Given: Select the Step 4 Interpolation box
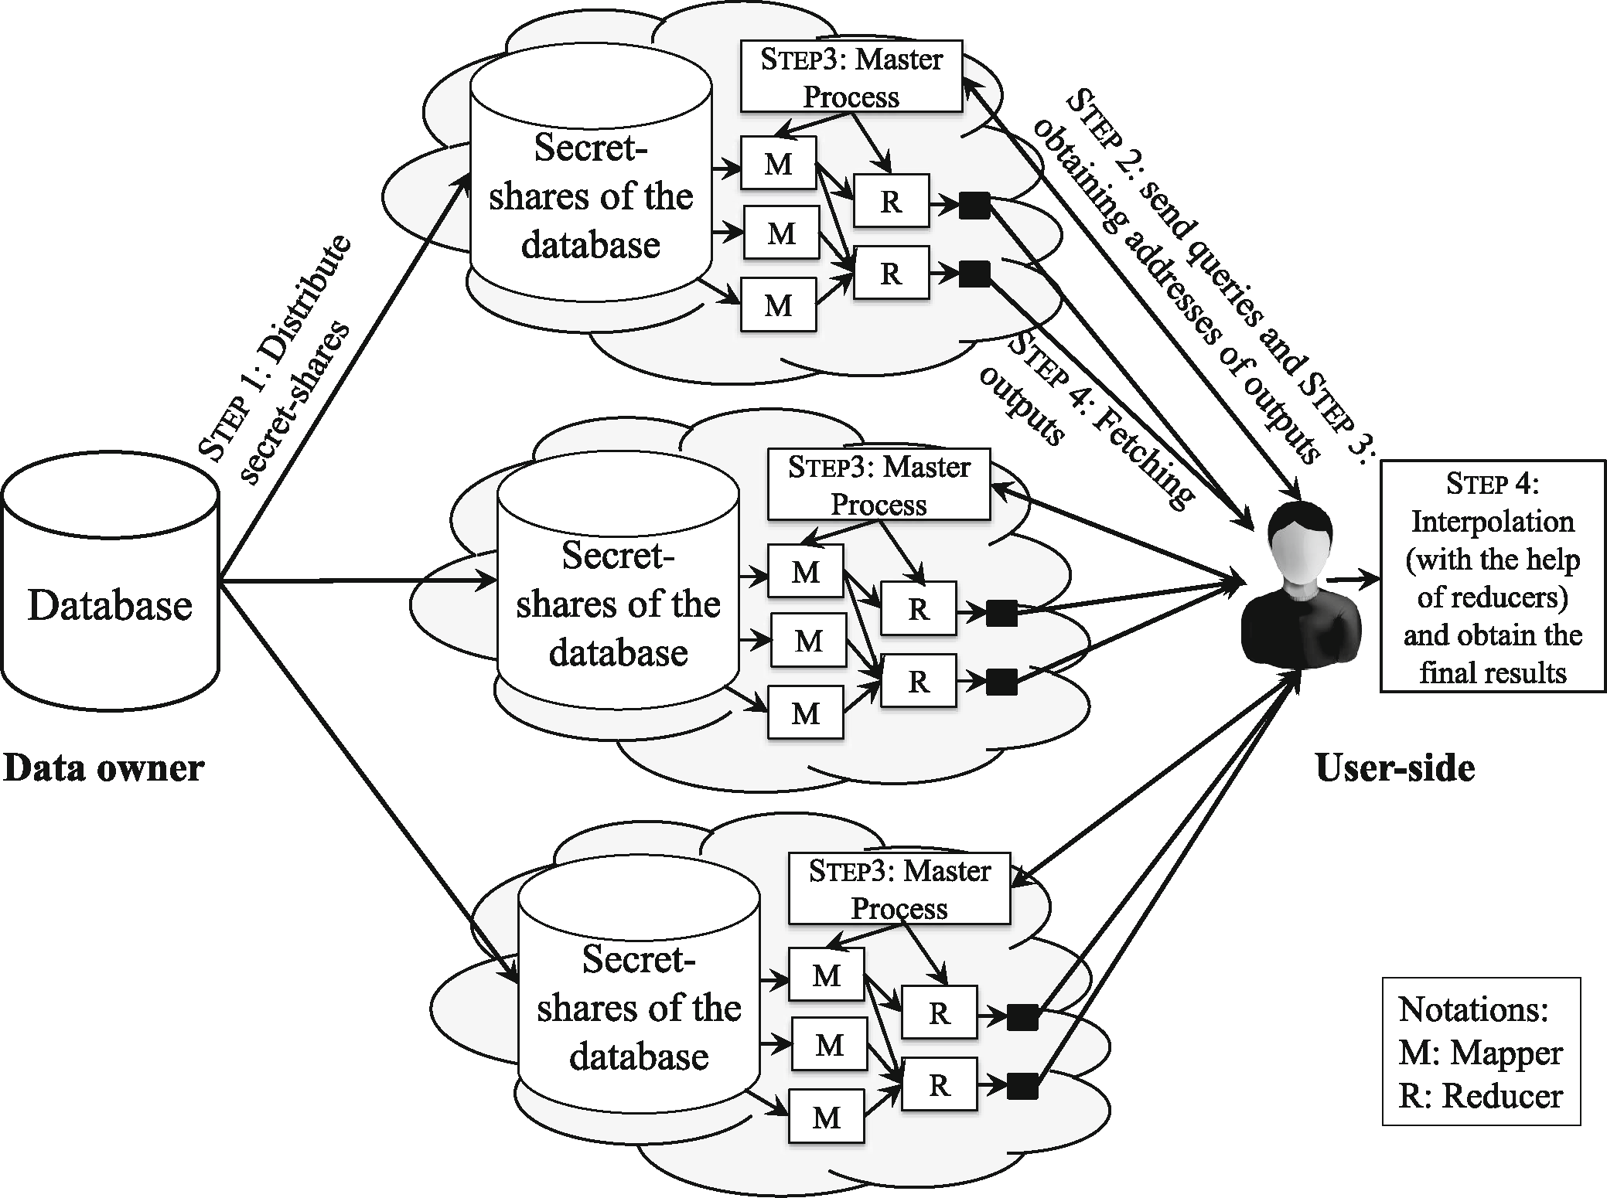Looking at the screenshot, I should click(1493, 577).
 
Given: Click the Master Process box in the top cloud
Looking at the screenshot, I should click(851, 77).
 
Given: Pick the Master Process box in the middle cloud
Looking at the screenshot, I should click(879, 485).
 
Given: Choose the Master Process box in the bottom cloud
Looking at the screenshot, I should click(899, 888).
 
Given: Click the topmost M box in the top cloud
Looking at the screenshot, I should click(778, 163).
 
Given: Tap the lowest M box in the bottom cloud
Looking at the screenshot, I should click(826, 1116).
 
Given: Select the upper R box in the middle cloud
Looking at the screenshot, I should click(918, 608).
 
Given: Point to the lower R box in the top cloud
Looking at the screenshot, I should click(891, 273).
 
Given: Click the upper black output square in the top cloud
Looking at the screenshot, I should click(974, 206).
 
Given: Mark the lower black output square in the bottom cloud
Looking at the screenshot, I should click(1022, 1086).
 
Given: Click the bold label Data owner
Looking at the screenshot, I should click(104, 768).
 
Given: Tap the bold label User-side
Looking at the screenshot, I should click(1394, 768).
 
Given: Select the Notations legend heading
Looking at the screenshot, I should click(1473, 1009).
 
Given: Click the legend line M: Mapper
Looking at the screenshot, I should click(1480, 1053).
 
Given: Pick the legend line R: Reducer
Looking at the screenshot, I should click(1480, 1096).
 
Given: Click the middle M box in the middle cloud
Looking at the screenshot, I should click(808, 641).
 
